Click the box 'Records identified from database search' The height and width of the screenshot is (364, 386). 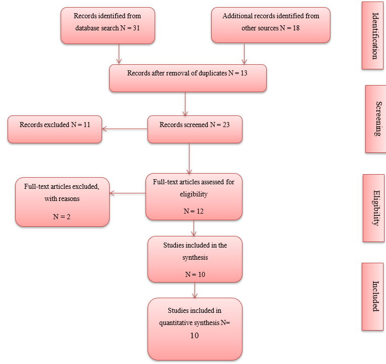point(107,25)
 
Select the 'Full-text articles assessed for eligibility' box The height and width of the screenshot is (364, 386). point(194,196)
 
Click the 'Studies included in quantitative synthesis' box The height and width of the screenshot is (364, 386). point(195,329)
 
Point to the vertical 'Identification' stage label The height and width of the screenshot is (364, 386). point(374,36)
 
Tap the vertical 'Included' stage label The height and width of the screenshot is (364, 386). point(374,296)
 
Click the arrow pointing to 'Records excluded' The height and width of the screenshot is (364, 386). point(124,129)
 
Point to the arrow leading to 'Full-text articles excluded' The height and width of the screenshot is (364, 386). point(128,193)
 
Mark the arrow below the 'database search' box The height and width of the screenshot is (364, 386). point(119,54)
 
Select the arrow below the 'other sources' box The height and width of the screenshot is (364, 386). point(245,54)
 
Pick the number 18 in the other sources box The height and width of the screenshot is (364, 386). point(295,28)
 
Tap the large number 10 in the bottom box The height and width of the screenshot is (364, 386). point(194,336)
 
